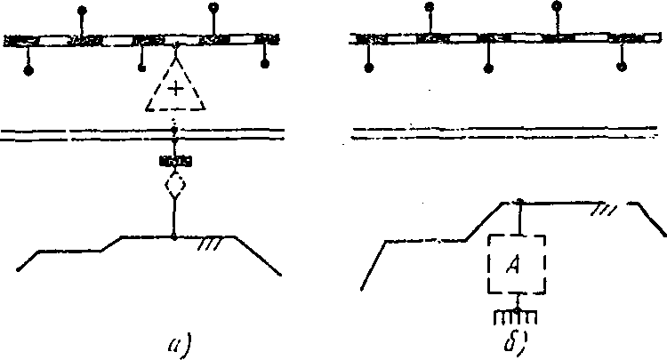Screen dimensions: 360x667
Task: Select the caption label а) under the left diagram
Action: pyautogui.click(x=176, y=339)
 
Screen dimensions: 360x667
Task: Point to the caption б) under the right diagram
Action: pyautogui.click(x=517, y=339)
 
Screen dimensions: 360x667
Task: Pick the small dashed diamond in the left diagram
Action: pyautogui.click(x=175, y=186)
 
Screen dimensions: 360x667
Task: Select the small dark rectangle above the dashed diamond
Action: pyautogui.click(x=175, y=161)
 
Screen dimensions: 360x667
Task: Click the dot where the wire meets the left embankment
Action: pyautogui.click(x=175, y=236)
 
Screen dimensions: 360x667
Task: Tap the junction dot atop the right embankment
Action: pyautogui.click(x=518, y=202)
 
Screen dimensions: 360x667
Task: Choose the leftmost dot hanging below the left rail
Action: pyautogui.click(x=28, y=68)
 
